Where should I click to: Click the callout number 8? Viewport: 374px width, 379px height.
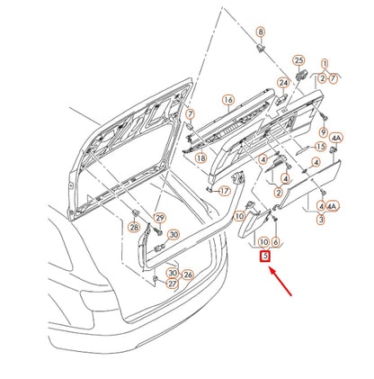point(261,32)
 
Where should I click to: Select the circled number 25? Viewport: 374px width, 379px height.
point(298,60)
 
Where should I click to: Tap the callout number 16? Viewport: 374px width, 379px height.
point(228,100)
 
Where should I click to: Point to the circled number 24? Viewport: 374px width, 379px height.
point(283,83)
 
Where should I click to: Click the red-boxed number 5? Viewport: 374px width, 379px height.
point(265,257)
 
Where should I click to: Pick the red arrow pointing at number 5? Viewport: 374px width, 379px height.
point(280,282)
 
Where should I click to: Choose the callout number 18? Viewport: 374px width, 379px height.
point(200,158)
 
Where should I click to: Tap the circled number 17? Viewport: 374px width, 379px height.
point(225,191)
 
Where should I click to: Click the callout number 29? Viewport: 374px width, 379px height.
point(160,218)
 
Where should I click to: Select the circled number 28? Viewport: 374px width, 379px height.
point(134,227)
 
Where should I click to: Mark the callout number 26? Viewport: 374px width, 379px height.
point(188,275)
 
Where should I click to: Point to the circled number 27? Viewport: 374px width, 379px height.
point(172,284)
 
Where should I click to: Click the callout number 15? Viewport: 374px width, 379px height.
point(320,147)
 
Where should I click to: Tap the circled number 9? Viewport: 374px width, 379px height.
point(324,131)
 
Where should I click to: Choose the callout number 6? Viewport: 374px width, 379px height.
point(276,242)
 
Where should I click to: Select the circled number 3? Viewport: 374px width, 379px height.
point(321,220)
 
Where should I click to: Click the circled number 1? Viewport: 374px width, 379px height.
point(325,64)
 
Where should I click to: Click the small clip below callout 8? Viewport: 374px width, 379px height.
point(261,48)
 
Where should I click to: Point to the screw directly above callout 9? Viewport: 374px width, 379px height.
point(324,116)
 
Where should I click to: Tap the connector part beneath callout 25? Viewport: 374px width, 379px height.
point(301,74)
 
